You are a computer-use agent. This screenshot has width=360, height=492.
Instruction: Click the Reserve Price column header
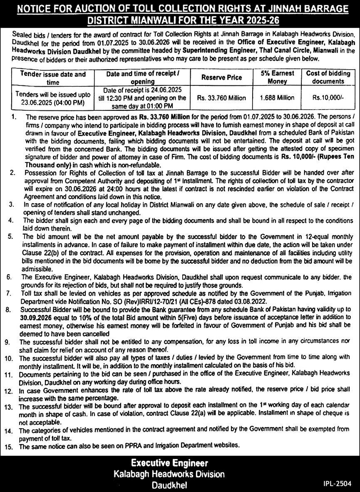click(x=221, y=77)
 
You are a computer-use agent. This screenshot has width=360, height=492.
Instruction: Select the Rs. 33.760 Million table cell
click(x=221, y=98)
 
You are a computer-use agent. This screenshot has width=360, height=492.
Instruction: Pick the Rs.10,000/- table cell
click(x=328, y=98)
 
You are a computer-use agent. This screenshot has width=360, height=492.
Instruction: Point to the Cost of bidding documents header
click(x=328, y=77)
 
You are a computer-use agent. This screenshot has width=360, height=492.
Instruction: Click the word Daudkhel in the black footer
click(x=169, y=485)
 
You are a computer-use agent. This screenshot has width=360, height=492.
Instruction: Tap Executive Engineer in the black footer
click(x=169, y=463)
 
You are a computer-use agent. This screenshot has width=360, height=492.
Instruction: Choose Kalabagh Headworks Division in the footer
click(x=169, y=474)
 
